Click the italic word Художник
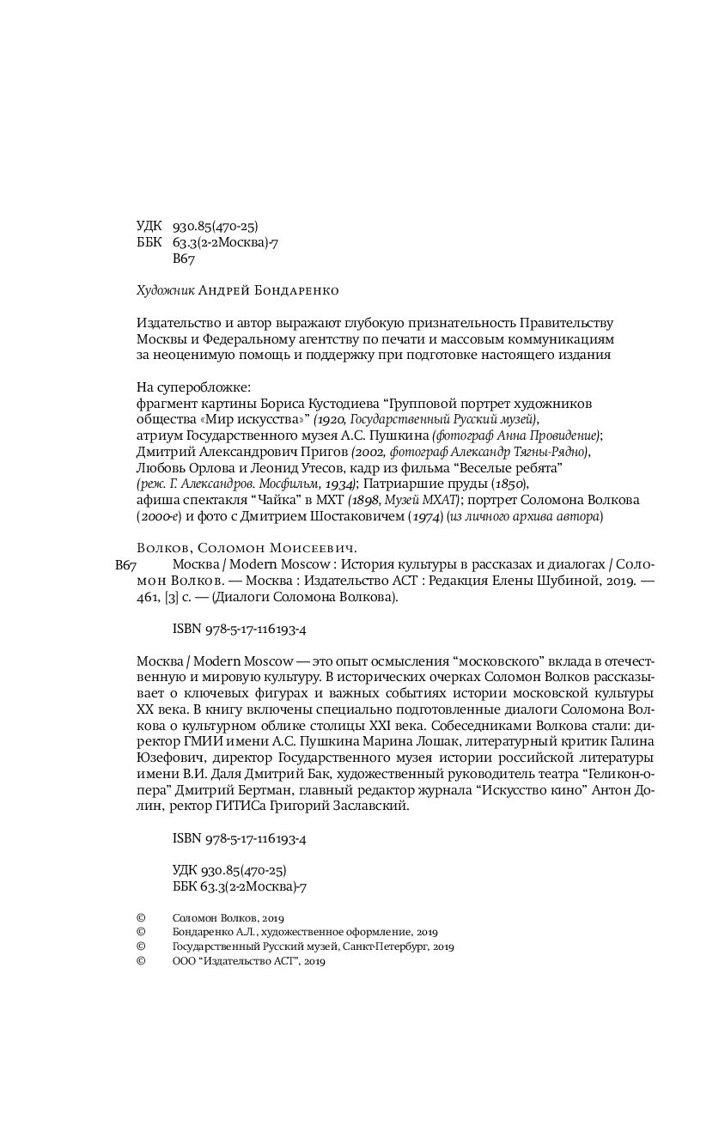165,290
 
